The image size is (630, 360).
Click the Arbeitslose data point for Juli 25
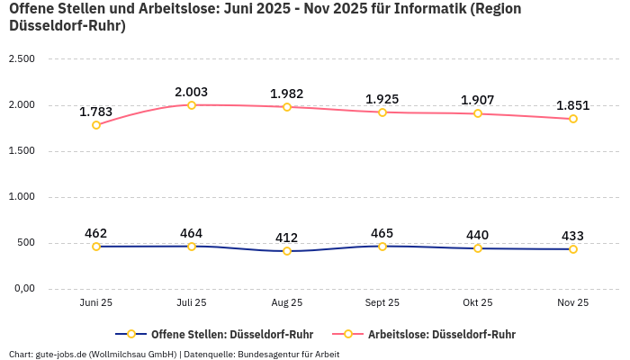click(192, 105)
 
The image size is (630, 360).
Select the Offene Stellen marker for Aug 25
click(287, 251)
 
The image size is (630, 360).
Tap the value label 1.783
click(96, 112)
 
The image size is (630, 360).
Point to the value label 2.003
click(192, 92)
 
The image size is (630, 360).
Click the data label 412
click(287, 238)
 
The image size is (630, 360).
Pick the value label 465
click(382, 233)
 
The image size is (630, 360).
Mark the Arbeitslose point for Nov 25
click(573, 119)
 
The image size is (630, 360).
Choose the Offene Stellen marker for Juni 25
click(96, 247)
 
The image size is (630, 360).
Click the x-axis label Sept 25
click(382, 303)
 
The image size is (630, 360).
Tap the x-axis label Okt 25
click(478, 303)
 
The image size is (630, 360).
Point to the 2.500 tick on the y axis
click(21, 59)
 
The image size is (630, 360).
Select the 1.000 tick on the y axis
click(21, 197)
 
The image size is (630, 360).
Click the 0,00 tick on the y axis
click(22, 289)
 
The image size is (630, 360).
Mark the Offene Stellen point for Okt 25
click(478, 248)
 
